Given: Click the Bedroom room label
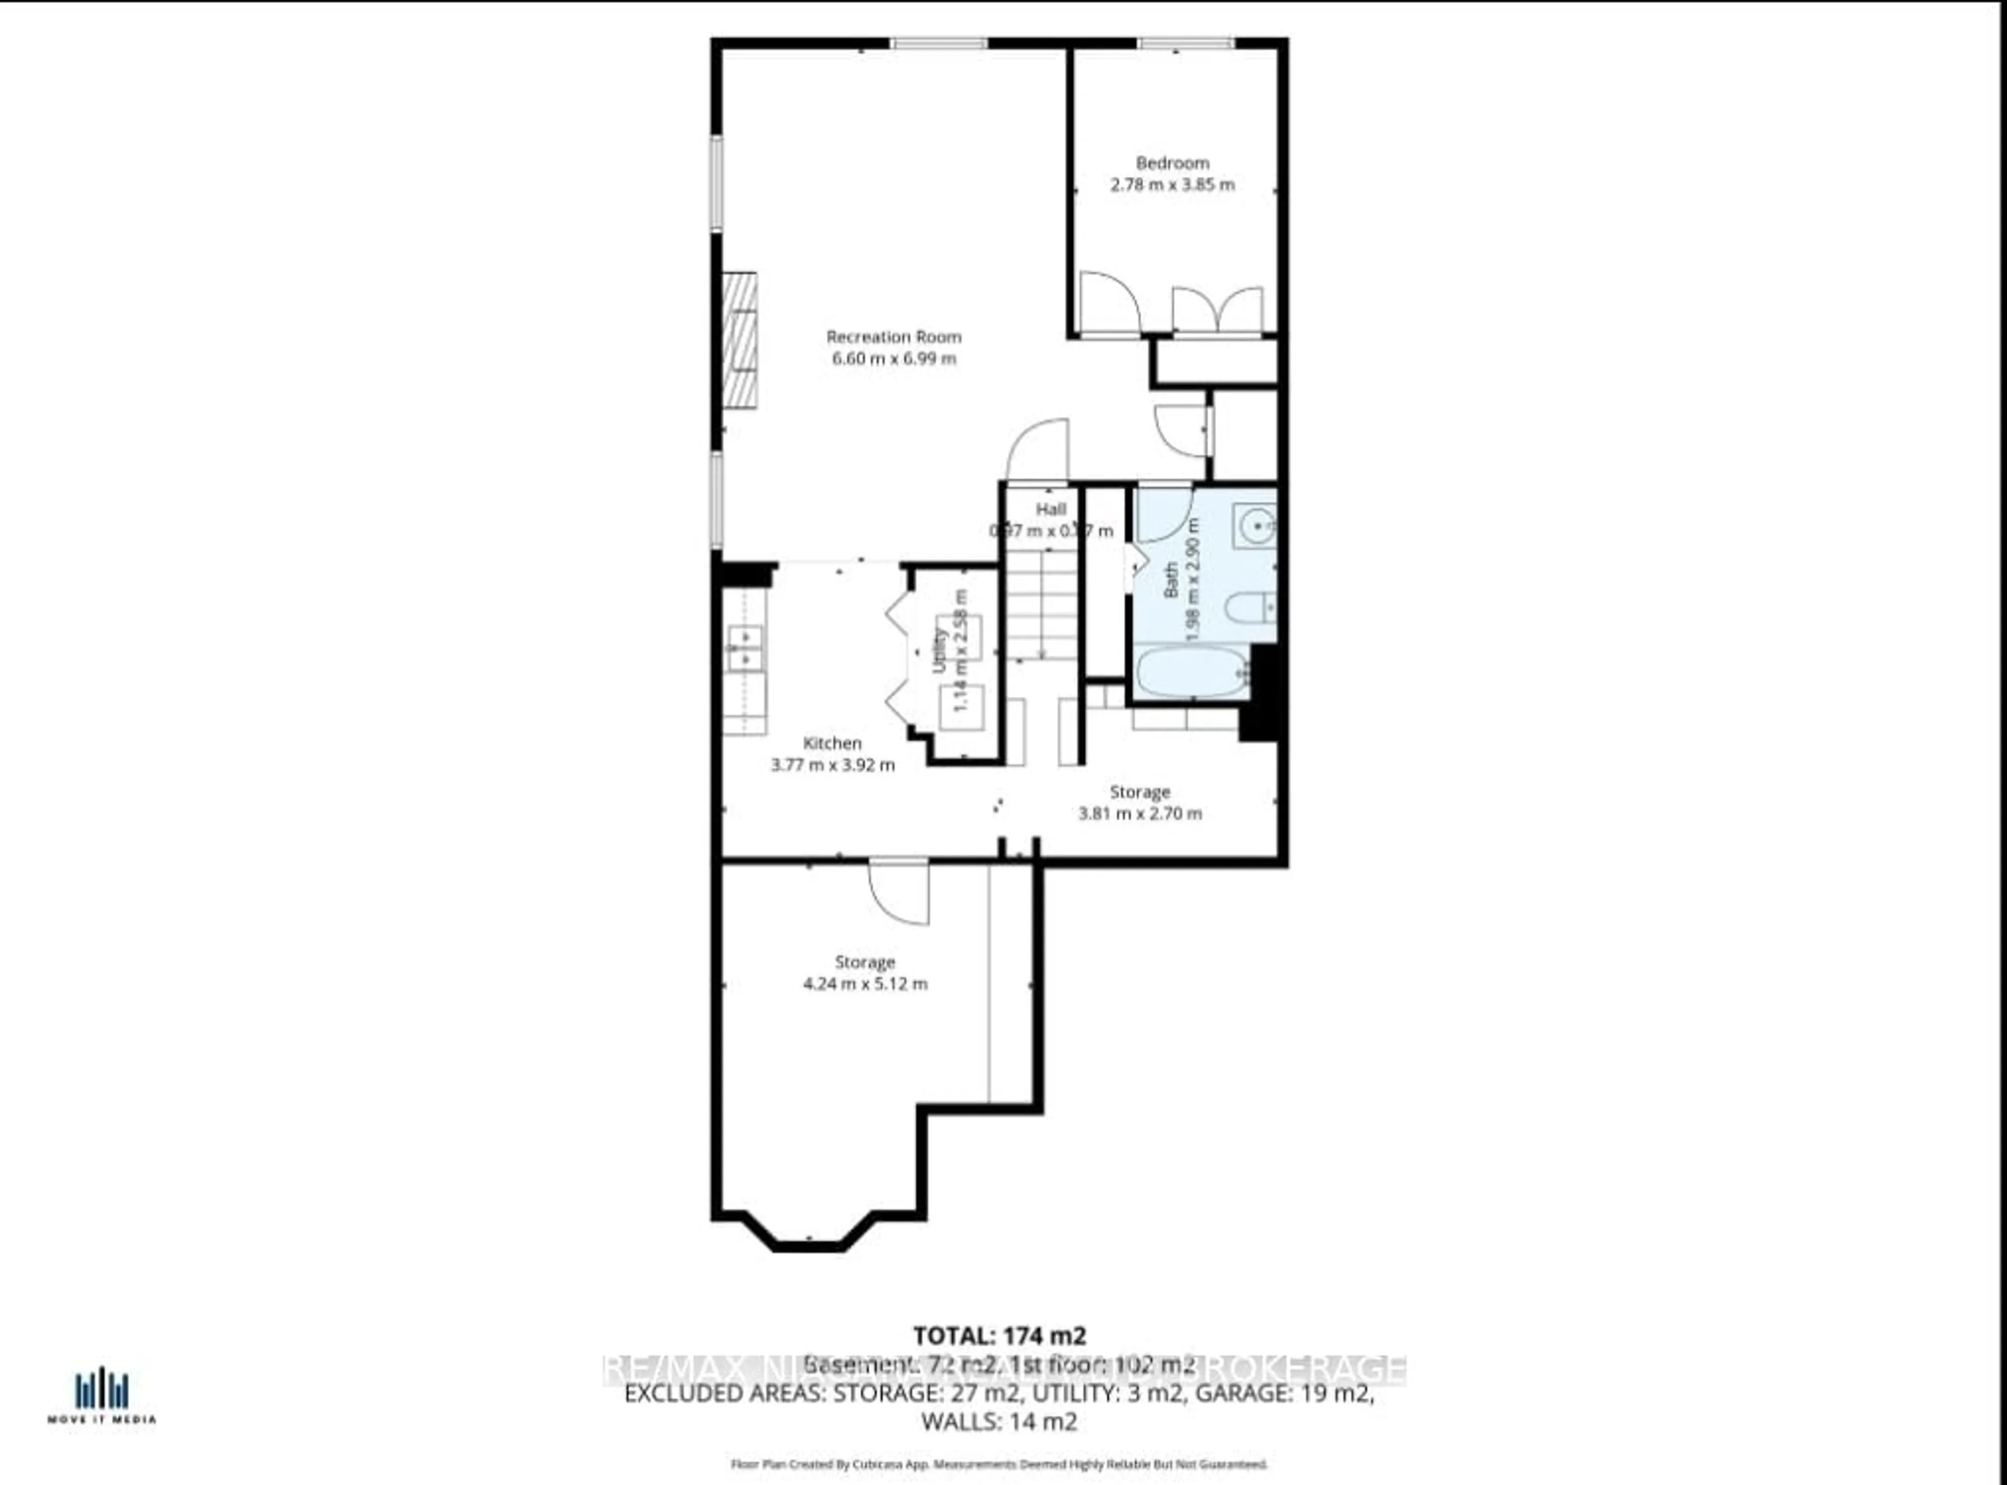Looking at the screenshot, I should tap(1172, 163).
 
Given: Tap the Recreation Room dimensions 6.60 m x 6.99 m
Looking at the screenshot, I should tap(893, 359).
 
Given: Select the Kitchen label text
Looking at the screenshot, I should tap(832, 742).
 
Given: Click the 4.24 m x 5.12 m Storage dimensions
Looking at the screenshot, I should tap(864, 983).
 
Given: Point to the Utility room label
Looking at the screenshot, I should tap(939, 650).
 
